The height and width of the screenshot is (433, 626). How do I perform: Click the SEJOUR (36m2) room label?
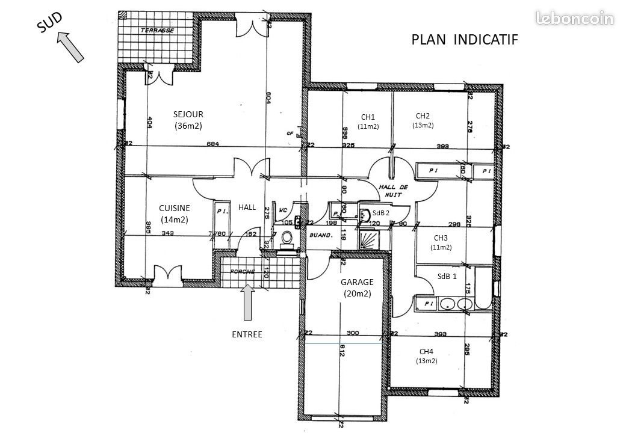[x=188, y=120]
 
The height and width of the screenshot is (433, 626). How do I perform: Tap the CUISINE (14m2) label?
[x=175, y=213]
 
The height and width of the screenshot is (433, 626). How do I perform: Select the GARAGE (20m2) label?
[x=357, y=287]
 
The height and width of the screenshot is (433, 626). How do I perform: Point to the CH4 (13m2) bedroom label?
[x=426, y=355]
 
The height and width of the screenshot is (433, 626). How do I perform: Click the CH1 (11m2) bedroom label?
[x=368, y=121]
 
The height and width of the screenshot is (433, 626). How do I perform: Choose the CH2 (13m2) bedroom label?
[x=423, y=120]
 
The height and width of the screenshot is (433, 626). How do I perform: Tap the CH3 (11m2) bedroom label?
[x=441, y=242]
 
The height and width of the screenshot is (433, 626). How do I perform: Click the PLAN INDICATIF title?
[x=464, y=39]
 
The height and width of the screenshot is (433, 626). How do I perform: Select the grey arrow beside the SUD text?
[x=71, y=48]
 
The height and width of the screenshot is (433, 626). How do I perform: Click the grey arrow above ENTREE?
[x=248, y=302]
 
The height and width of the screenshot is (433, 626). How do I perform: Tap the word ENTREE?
[x=247, y=334]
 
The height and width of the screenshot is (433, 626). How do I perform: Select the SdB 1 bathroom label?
[x=447, y=276]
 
